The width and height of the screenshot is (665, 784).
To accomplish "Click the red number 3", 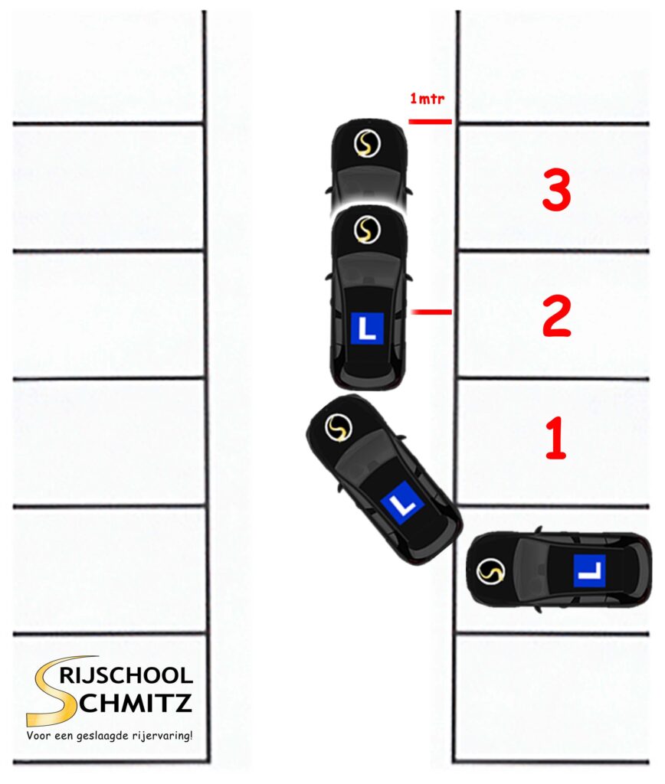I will coord(556,191).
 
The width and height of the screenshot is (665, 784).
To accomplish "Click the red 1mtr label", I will coord(427,99).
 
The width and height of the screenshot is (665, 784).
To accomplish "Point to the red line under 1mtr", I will coord(430,121).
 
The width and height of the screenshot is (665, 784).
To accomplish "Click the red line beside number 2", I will coord(431,312).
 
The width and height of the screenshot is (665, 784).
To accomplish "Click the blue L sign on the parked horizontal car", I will coord(589,570).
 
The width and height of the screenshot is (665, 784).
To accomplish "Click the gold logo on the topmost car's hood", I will coord(367,144).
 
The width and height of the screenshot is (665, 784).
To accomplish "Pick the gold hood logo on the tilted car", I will coord(337,428).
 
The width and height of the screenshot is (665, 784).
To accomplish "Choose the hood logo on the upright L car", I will coord(367,230).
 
